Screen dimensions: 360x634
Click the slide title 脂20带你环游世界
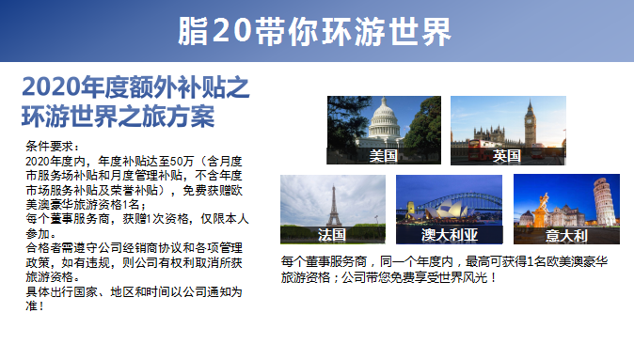tap(316, 32)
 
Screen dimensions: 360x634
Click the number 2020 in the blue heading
tap(52, 88)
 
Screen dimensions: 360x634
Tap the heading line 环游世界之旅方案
tap(118, 117)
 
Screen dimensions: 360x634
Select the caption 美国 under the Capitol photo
tap(383, 156)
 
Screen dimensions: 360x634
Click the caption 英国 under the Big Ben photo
tap(507, 156)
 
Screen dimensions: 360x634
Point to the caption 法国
tap(332, 234)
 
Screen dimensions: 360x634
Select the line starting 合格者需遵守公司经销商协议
tap(132, 247)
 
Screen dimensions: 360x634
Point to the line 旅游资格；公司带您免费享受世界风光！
tap(388, 278)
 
